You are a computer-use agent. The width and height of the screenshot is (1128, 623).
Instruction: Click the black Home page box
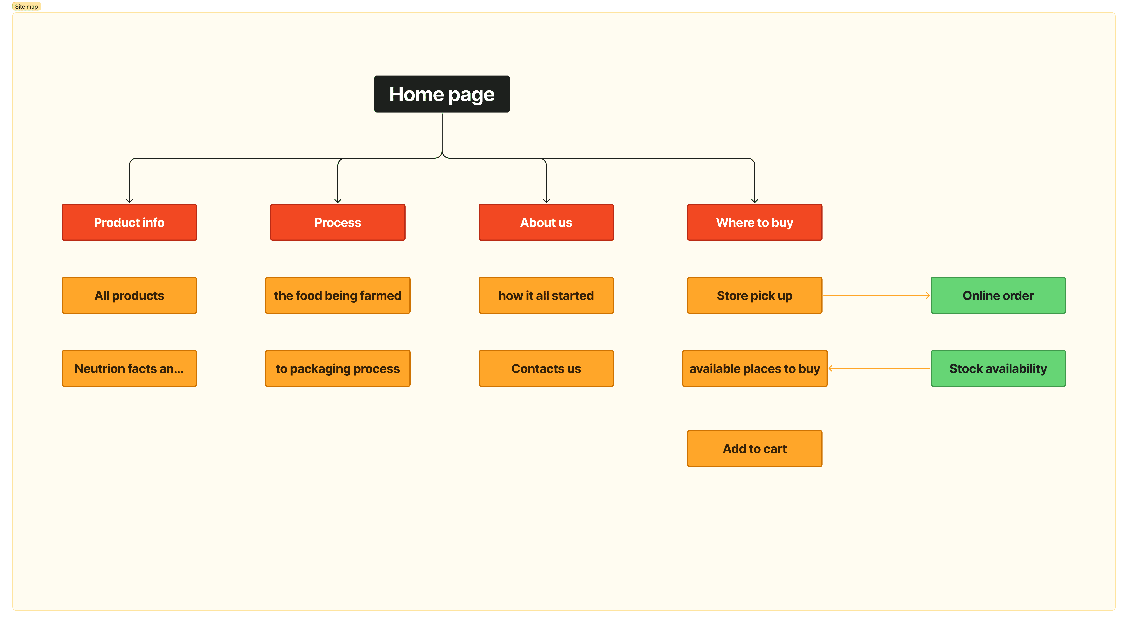coord(442,94)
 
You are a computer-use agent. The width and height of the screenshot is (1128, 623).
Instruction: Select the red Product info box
coord(129,222)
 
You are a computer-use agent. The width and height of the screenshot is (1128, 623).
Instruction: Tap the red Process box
coord(338,222)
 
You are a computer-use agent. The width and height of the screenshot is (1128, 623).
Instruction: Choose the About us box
coord(546,222)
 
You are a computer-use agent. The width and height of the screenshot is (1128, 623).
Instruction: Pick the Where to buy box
coord(755,222)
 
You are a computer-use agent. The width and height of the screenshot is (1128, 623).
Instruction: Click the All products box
coord(129,295)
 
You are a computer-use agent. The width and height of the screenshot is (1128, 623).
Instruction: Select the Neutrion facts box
coord(129,369)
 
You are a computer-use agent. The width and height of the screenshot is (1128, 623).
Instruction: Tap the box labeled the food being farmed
coord(338,295)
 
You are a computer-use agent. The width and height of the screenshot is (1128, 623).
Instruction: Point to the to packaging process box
coord(338,369)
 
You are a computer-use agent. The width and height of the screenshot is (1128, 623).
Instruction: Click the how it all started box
coord(546,295)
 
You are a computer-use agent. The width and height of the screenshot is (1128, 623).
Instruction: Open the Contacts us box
coord(546,369)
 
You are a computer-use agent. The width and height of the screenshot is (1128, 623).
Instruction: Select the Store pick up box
coord(755,295)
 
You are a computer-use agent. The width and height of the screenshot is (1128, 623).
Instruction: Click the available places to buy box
coord(755,369)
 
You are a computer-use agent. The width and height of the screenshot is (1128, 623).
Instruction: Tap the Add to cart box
coord(755,449)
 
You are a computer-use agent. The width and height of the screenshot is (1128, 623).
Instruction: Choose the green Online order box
coord(998,295)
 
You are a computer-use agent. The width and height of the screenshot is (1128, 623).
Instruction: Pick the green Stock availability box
coord(998,369)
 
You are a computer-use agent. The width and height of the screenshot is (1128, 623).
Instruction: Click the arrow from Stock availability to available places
coord(879,369)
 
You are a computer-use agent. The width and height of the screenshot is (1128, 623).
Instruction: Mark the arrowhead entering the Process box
coord(338,201)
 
